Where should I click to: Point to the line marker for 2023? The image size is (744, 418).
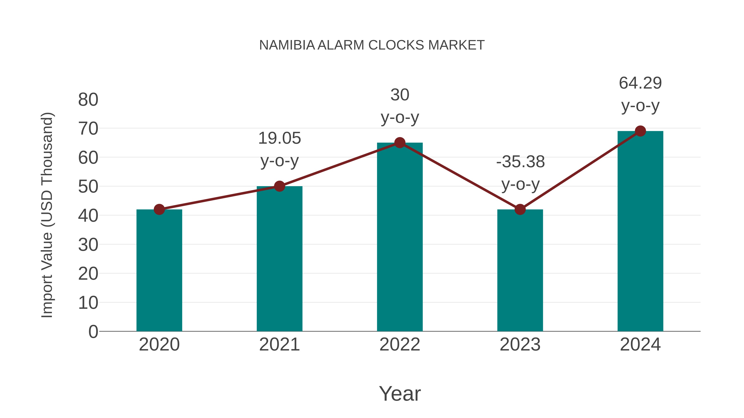point(520,210)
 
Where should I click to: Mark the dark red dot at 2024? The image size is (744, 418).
point(640,131)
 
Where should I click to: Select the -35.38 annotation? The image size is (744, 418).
point(520,162)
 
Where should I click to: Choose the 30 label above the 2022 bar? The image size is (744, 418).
point(400,95)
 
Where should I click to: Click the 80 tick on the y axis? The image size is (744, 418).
point(88,100)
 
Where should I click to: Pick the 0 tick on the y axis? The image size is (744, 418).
point(93,332)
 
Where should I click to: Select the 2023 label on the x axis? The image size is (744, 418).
point(520,345)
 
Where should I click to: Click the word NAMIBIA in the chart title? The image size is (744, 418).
point(287,45)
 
